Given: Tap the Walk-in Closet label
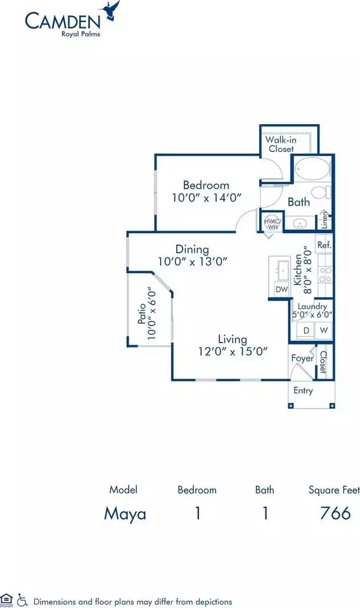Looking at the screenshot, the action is (281, 144).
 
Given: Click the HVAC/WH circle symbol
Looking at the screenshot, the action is (273, 223).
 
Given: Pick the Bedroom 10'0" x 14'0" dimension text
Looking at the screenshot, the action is (207, 198).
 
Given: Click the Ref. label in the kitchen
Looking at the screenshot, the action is (325, 245).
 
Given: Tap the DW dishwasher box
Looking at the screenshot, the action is (281, 289).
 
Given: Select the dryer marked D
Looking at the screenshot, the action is (306, 331).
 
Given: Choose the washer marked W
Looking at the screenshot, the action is (323, 331).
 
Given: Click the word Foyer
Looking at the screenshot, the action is (302, 358).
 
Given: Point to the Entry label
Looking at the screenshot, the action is (303, 391).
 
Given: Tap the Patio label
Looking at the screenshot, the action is (143, 313).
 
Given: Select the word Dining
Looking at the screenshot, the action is (193, 250).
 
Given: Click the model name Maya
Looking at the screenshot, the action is (125, 514).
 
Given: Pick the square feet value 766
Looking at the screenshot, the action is (335, 513).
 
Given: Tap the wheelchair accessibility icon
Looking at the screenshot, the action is (23, 600).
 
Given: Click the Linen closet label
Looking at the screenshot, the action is (325, 220).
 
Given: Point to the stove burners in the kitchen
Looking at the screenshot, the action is (325, 274).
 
